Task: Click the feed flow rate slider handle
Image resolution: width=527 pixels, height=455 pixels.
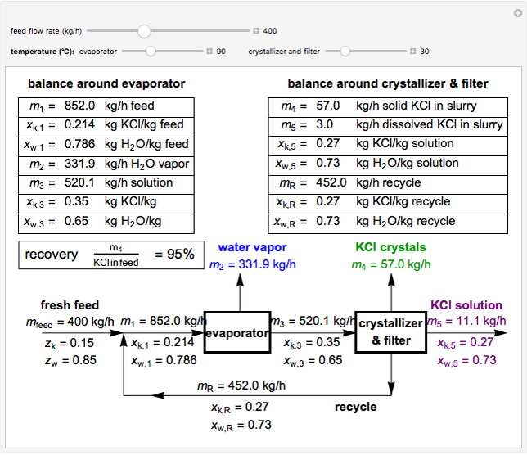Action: click(144, 31)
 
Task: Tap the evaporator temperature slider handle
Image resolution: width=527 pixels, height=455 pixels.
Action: click(151, 51)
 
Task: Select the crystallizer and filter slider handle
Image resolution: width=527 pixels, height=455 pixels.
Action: click(345, 51)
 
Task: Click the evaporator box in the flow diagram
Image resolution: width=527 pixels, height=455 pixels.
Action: click(236, 332)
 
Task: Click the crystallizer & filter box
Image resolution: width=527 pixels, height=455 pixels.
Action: click(390, 332)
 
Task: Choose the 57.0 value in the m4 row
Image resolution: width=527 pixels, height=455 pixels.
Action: click(327, 106)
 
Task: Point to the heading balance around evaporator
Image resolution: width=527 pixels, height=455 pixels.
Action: click(106, 83)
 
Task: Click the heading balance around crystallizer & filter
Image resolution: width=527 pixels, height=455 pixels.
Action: click(388, 83)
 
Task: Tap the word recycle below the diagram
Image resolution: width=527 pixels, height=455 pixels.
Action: click(356, 407)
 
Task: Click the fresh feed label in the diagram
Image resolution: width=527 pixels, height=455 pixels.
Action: click(70, 305)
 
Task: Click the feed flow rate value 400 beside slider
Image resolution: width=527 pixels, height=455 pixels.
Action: click(270, 31)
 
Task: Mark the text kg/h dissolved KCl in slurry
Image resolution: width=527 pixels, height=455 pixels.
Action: click(429, 125)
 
